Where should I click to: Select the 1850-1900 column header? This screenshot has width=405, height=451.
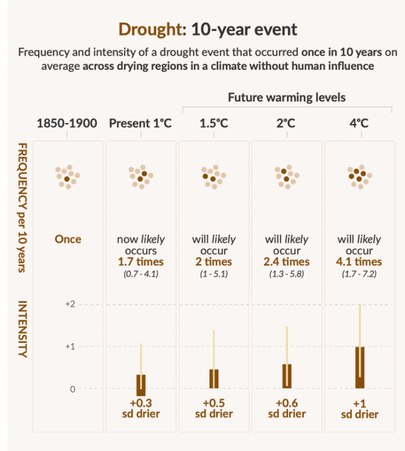click(68, 123)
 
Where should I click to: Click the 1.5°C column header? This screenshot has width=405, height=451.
click(214, 123)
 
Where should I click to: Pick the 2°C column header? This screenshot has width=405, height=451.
click(287, 123)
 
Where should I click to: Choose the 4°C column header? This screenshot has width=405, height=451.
click(359, 123)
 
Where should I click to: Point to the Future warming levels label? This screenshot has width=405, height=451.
click(287, 98)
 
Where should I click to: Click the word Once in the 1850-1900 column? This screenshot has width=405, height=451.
click(68, 239)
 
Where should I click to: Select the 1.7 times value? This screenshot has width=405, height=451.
click(141, 261)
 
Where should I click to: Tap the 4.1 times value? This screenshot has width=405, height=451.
click(359, 261)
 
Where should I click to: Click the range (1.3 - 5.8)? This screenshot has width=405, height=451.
click(287, 274)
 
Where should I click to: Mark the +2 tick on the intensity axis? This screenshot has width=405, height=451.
click(70, 304)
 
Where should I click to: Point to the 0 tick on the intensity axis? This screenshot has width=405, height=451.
click(72, 389)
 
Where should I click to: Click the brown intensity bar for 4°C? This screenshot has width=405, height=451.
click(359, 367)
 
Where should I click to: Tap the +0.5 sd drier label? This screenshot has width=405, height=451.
click(214, 408)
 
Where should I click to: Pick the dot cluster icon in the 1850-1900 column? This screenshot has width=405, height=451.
click(68, 178)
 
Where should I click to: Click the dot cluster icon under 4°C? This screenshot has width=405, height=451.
click(359, 178)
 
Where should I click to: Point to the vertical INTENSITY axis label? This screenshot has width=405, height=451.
click(22, 329)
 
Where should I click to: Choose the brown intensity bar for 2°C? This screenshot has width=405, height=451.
click(287, 376)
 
